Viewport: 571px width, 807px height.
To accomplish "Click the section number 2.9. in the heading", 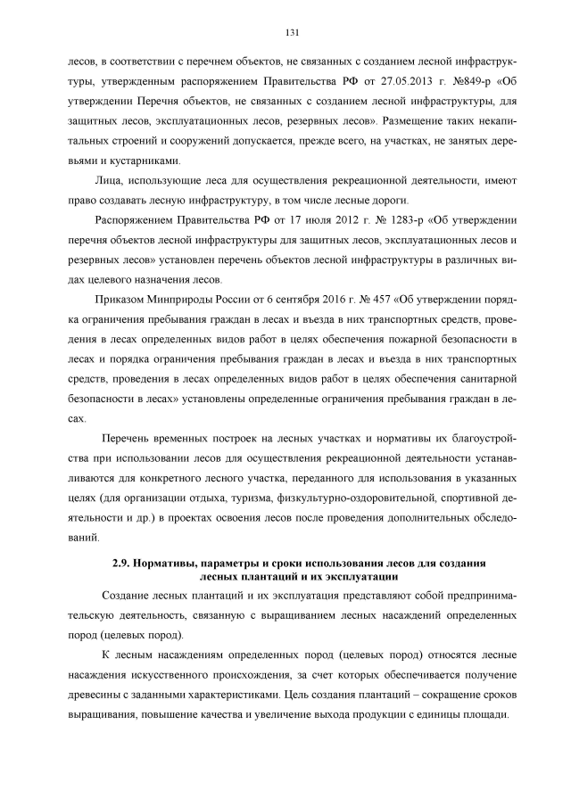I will (x=122, y=564).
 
